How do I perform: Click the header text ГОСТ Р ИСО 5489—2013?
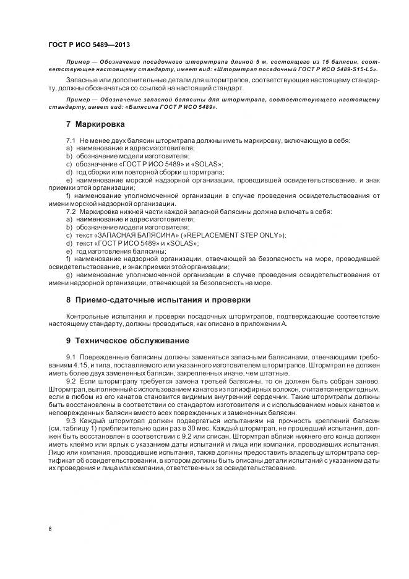(88, 45)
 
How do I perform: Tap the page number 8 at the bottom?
(50, 528)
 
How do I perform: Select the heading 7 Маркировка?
(92, 124)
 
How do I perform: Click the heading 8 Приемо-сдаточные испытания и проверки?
(158, 299)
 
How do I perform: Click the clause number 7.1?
(71, 141)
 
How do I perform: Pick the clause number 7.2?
(71, 212)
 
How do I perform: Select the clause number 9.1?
(71, 358)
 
